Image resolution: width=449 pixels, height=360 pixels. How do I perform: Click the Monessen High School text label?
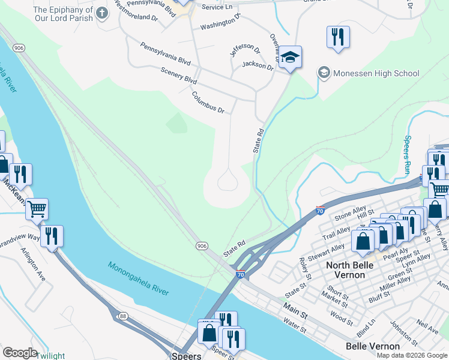pos(376,73)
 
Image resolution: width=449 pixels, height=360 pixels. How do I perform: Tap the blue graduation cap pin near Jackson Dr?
pos(290,58)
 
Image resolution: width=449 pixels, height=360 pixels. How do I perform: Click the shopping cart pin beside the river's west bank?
pos(37,209)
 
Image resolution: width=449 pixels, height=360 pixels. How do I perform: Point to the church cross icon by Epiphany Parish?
pos(103,13)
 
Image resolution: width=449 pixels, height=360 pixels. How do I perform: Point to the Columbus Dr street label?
pos(208,102)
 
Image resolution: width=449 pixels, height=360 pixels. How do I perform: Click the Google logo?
pos(20,352)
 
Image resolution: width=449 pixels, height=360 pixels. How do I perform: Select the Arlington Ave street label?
pos(33,265)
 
